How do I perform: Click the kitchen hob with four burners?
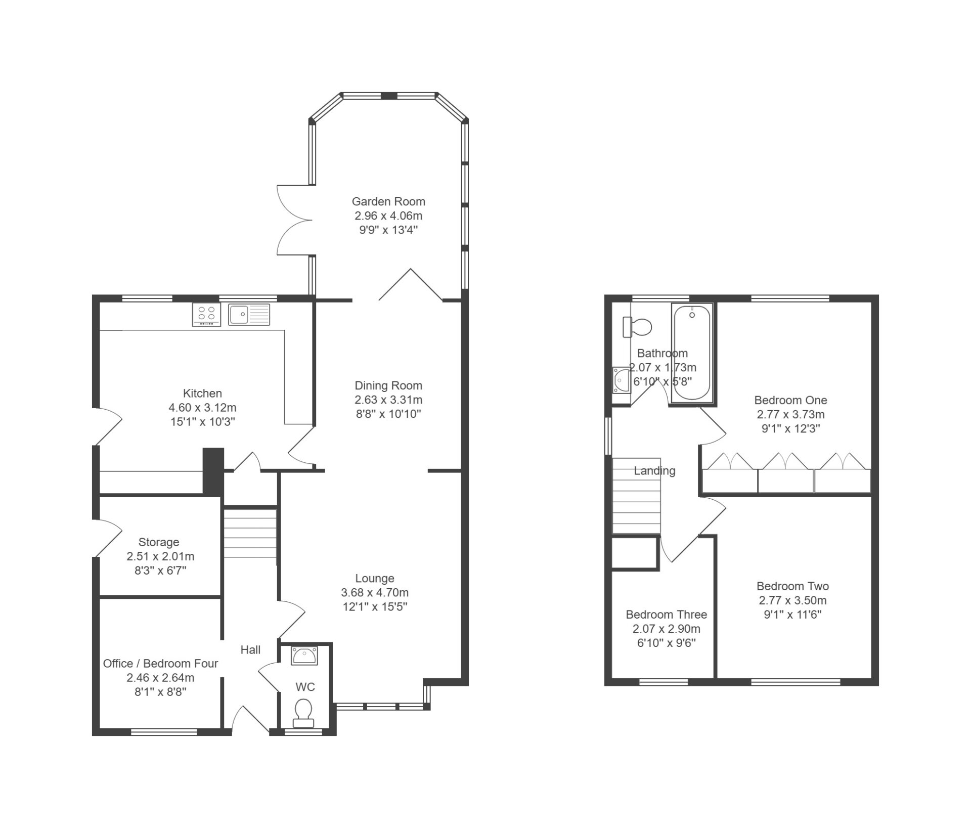tap(206, 315)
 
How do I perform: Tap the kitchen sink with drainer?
tap(249, 314)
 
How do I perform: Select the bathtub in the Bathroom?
tap(692, 353)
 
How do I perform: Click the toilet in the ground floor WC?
tap(303, 712)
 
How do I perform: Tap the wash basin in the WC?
tap(304, 656)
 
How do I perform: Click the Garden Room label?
tap(388, 201)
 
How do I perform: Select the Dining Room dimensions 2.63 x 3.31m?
tap(388, 400)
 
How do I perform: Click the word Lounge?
tap(375, 578)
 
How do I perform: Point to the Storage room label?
tap(159, 542)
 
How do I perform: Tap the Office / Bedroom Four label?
tap(161, 663)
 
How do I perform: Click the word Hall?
tap(250, 649)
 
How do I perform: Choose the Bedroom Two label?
tap(792, 586)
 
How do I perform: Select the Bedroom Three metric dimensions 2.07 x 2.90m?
tap(667, 629)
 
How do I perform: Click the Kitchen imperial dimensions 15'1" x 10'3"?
tap(203, 421)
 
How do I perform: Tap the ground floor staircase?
tap(250, 534)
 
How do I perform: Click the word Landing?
tap(654, 471)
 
